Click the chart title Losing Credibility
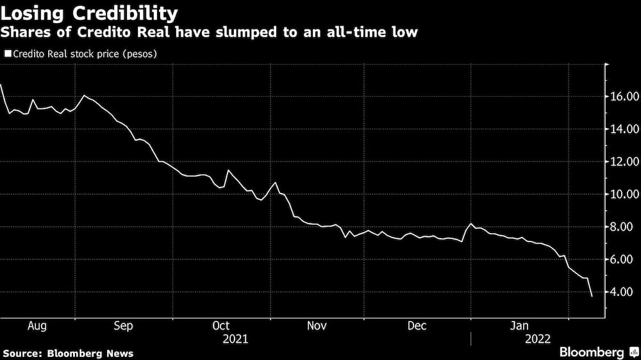coord(89,12)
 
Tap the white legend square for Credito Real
coord(7,54)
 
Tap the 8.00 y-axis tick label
coord(624,227)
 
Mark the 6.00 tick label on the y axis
coord(624,259)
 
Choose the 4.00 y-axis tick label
coord(624,292)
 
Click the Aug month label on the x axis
coord(38,325)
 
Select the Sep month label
coord(123,325)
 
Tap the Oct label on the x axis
coord(220,325)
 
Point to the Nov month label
coord(317,325)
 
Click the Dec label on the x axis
coord(417,325)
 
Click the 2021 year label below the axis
coord(235,339)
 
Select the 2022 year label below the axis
coord(537,339)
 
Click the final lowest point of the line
coord(592,296)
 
